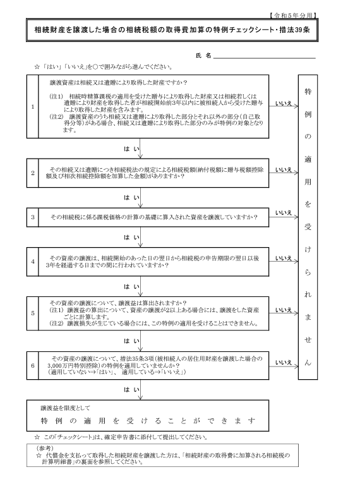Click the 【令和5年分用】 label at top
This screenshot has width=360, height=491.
pyautogui.click(x=292, y=15)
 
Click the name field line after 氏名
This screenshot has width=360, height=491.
pyautogui.click(x=264, y=58)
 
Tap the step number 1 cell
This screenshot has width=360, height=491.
pyautogui.click(x=33, y=106)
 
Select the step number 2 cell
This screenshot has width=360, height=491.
pyautogui.click(x=33, y=173)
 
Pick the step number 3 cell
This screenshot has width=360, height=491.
pyautogui.click(x=33, y=217)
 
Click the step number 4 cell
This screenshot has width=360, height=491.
pyautogui.click(x=33, y=262)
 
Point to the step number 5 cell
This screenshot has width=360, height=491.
pyautogui.click(x=33, y=313)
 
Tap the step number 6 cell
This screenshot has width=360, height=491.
pyautogui.click(x=33, y=365)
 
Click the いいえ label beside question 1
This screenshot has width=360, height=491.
pyautogui.click(x=284, y=103)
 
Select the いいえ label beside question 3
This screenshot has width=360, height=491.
pyautogui.click(x=284, y=212)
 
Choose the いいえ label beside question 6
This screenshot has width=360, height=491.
pyautogui.click(x=284, y=362)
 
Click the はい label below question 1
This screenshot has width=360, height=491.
pyautogui.click(x=131, y=149)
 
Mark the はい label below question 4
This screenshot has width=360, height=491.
pyautogui.click(x=131, y=286)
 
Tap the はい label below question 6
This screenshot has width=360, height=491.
pyautogui.click(x=131, y=389)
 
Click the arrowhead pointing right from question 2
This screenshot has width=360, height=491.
pyautogui.click(x=296, y=173)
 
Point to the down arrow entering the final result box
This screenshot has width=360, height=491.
pyautogui.click(x=140, y=390)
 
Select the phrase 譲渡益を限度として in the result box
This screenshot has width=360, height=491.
pyautogui.click(x=65, y=408)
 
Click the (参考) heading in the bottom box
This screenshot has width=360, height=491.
pyautogui.click(x=45, y=448)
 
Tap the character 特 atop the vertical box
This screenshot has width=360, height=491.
pyautogui.click(x=308, y=92)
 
